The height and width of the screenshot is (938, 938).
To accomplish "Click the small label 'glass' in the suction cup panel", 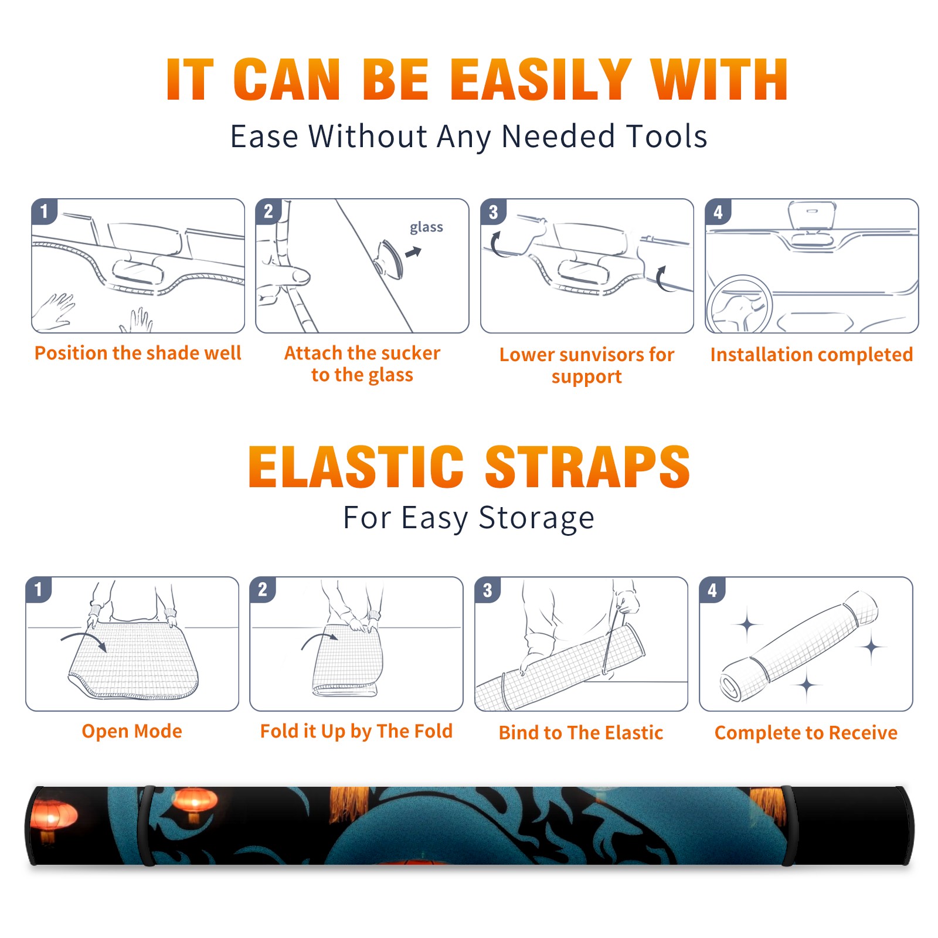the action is click(426, 227).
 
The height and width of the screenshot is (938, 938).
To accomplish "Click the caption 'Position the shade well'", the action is click(138, 353).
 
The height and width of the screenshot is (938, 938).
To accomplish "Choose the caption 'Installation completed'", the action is click(811, 354).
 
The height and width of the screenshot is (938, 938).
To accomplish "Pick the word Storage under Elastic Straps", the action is click(536, 518).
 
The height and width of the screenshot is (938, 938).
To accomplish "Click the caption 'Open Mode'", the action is click(132, 731).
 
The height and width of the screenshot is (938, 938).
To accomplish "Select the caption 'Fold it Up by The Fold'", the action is click(356, 731).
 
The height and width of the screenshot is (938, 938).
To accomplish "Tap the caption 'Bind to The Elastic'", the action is click(581, 733).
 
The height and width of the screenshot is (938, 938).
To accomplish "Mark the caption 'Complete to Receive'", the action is click(806, 733).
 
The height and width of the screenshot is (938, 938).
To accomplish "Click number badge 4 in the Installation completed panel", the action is click(718, 212).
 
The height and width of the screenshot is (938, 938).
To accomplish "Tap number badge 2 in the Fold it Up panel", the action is click(262, 589).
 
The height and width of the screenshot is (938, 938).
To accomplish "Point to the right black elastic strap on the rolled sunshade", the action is click(788, 825).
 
